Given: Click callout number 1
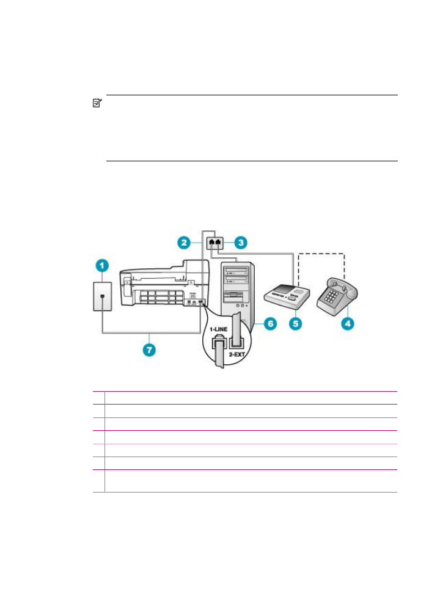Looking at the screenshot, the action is [x=102, y=266].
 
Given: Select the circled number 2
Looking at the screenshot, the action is [x=184, y=243].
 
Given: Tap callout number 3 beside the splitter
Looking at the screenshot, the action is [x=241, y=243].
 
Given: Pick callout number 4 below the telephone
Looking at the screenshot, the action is [x=348, y=323].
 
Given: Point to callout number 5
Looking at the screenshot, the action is [x=296, y=323].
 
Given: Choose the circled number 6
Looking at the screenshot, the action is [x=270, y=323].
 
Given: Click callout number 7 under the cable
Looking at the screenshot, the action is [x=149, y=350].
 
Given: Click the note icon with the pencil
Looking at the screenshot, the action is [x=97, y=103].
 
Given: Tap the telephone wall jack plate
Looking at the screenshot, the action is [x=102, y=296].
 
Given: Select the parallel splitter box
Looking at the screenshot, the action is [x=215, y=243].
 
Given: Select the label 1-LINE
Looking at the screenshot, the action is [x=219, y=329].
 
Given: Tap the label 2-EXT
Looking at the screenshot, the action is [x=237, y=354].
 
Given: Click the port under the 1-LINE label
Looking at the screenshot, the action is [x=218, y=343].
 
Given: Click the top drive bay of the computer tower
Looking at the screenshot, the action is [x=237, y=271].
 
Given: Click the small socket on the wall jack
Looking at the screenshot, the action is [x=102, y=297].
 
